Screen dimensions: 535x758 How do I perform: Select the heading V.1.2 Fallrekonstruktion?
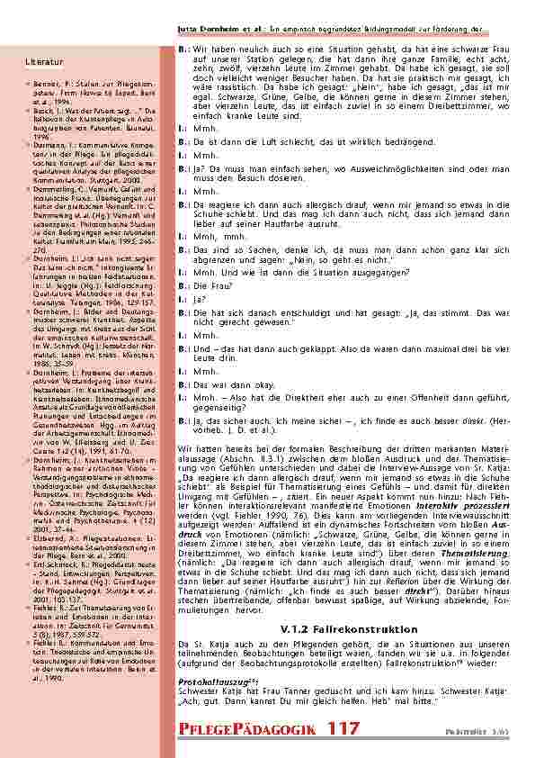coord(336,628)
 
